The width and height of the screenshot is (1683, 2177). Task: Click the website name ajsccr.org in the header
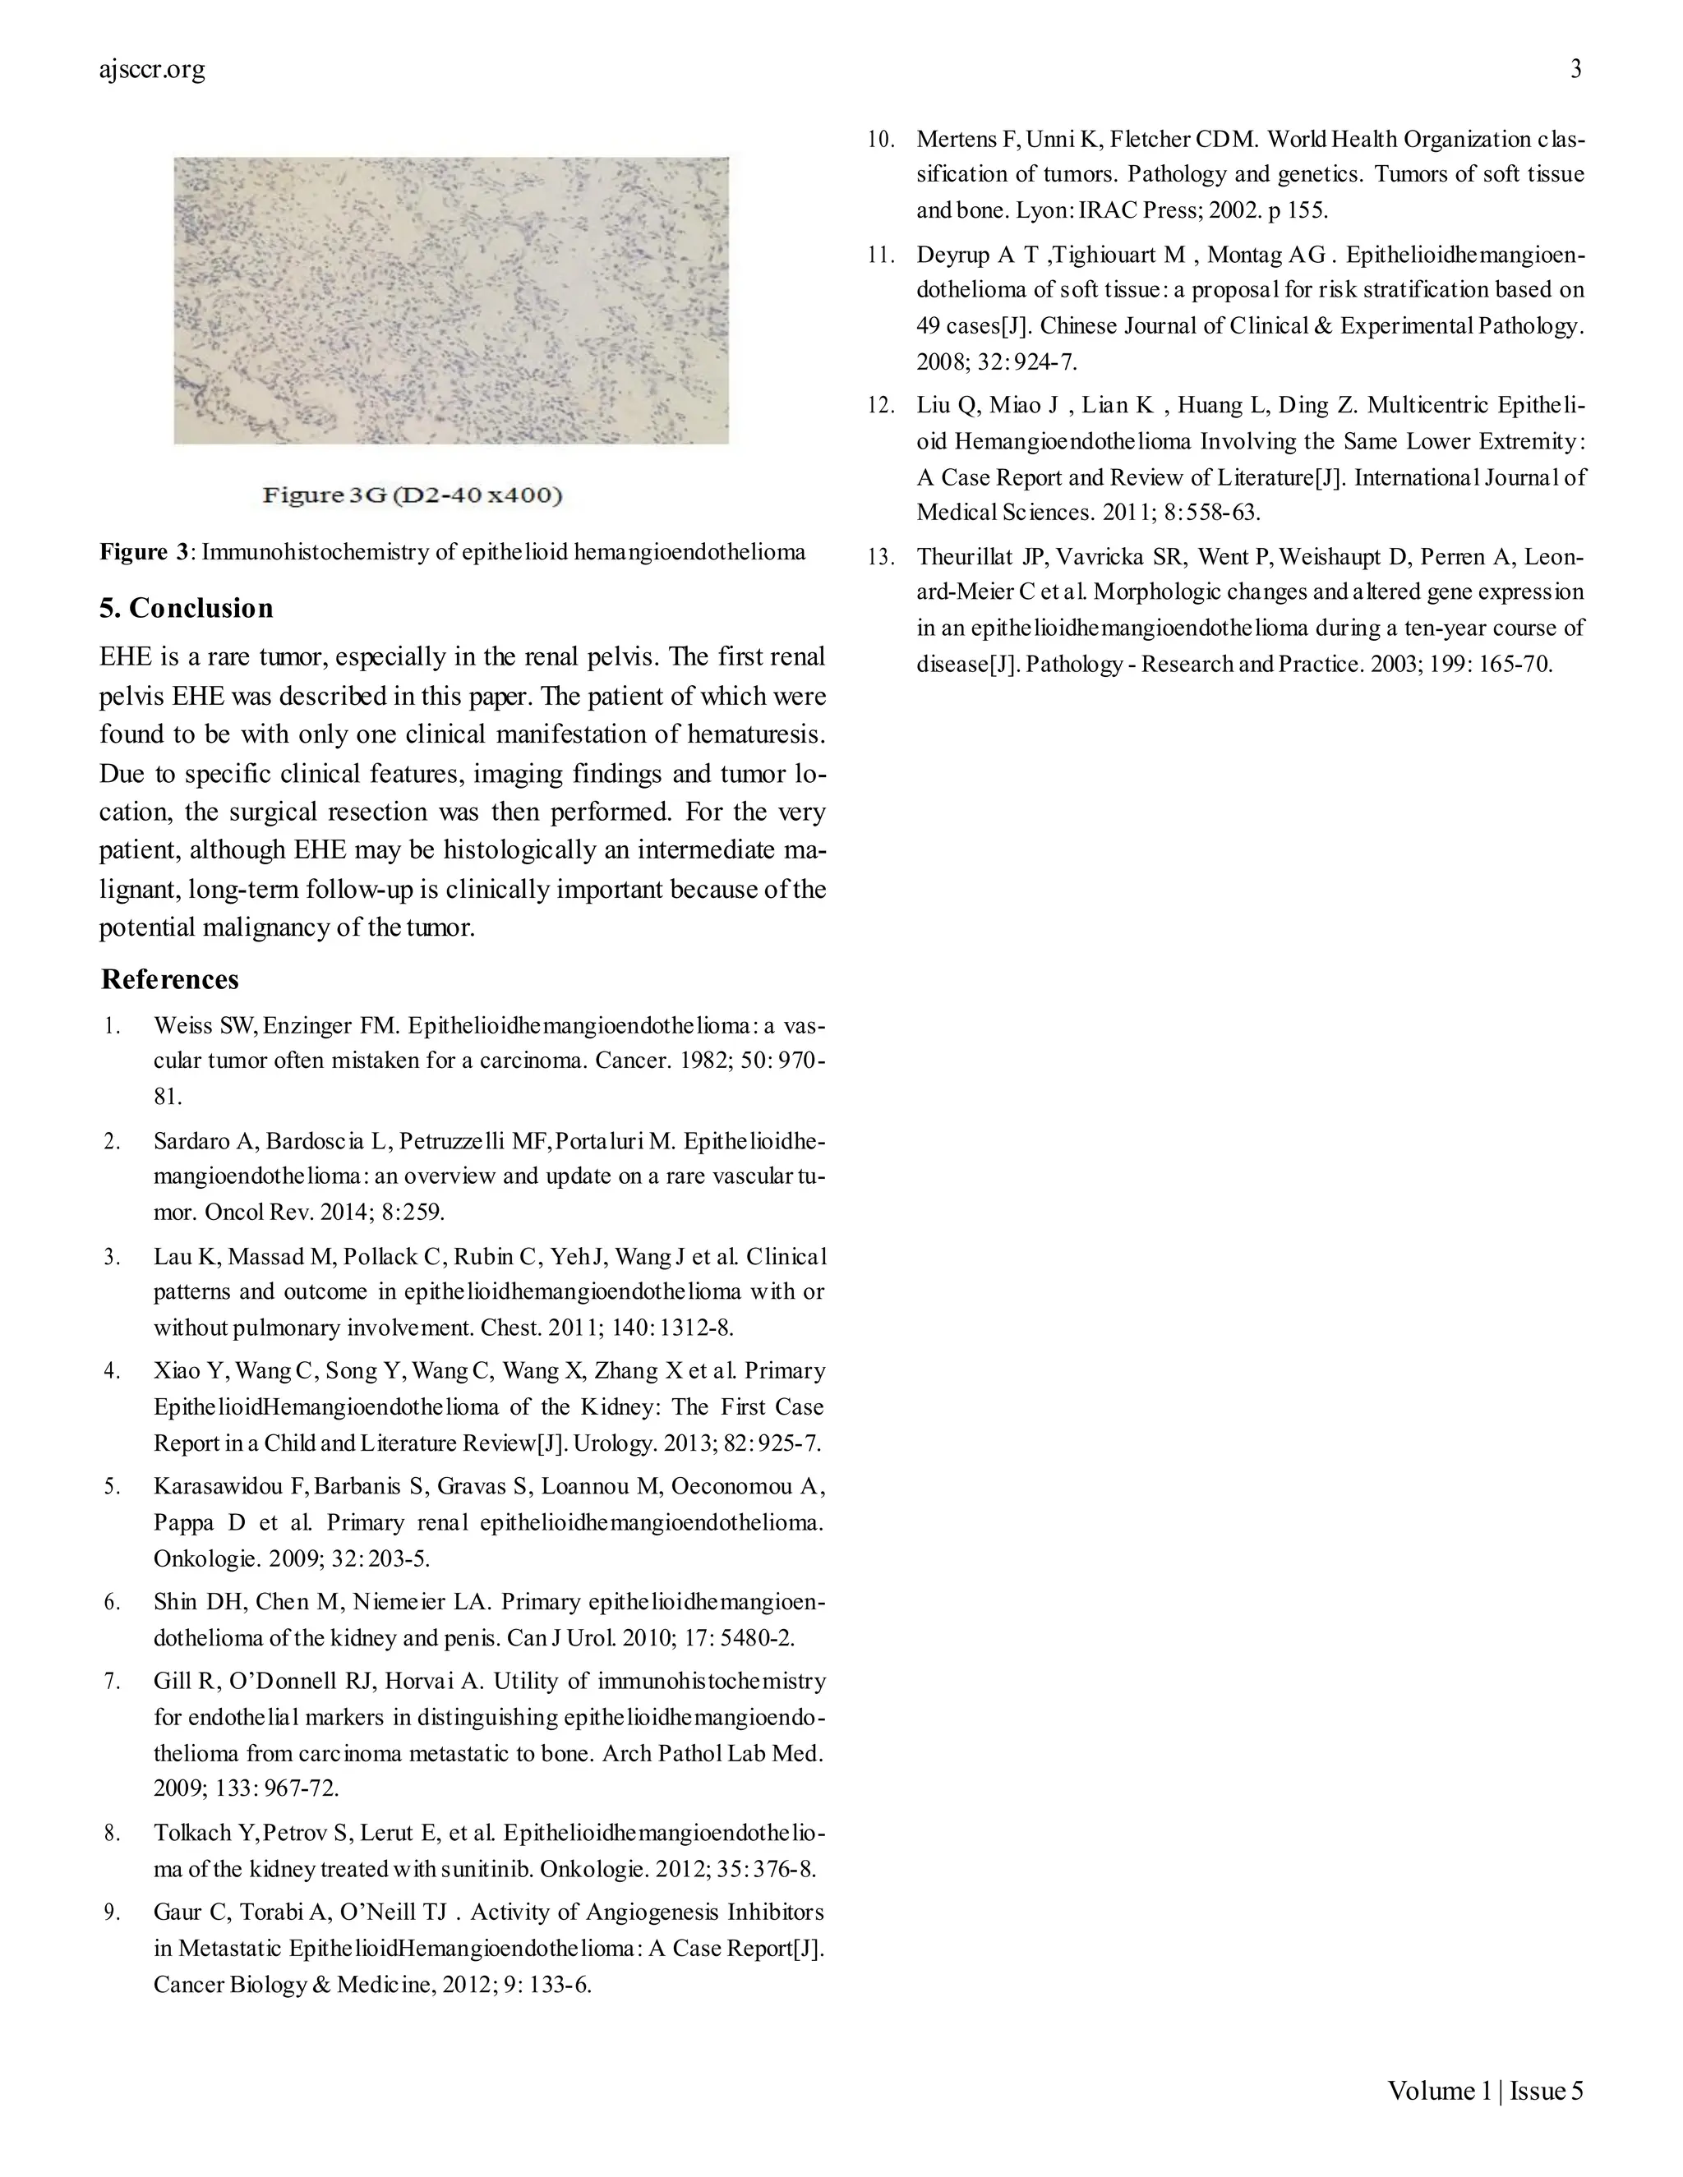pyautogui.click(x=153, y=70)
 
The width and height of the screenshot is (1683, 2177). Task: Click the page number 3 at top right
pyautogui.click(x=1575, y=69)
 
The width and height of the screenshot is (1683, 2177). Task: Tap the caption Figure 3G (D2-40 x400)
pyautogui.click(x=413, y=495)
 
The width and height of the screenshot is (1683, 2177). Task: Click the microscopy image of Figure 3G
pyautogui.click(x=450, y=300)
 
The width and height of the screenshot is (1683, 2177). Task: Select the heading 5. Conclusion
pyautogui.click(x=187, y=608)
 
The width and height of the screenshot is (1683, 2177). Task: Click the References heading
pyautogui.click(x=169, y=979)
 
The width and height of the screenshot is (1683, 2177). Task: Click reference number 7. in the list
pyautogui.click(x=112, y=1682)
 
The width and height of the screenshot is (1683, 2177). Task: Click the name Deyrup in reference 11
pyautogui.click(x=952, y=255)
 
